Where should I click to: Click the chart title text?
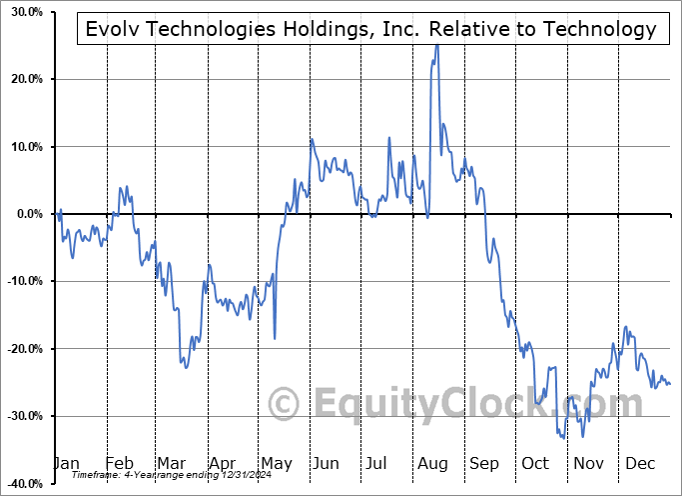(370, 29)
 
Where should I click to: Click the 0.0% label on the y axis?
(26, 214)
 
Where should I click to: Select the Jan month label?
(66, 463)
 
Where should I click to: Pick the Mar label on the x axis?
(170, 463)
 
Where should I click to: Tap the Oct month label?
(534, 463)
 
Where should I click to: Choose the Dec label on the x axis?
(638, 463)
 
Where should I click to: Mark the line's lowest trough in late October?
(563, 438)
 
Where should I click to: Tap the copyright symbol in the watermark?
(284, 405)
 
